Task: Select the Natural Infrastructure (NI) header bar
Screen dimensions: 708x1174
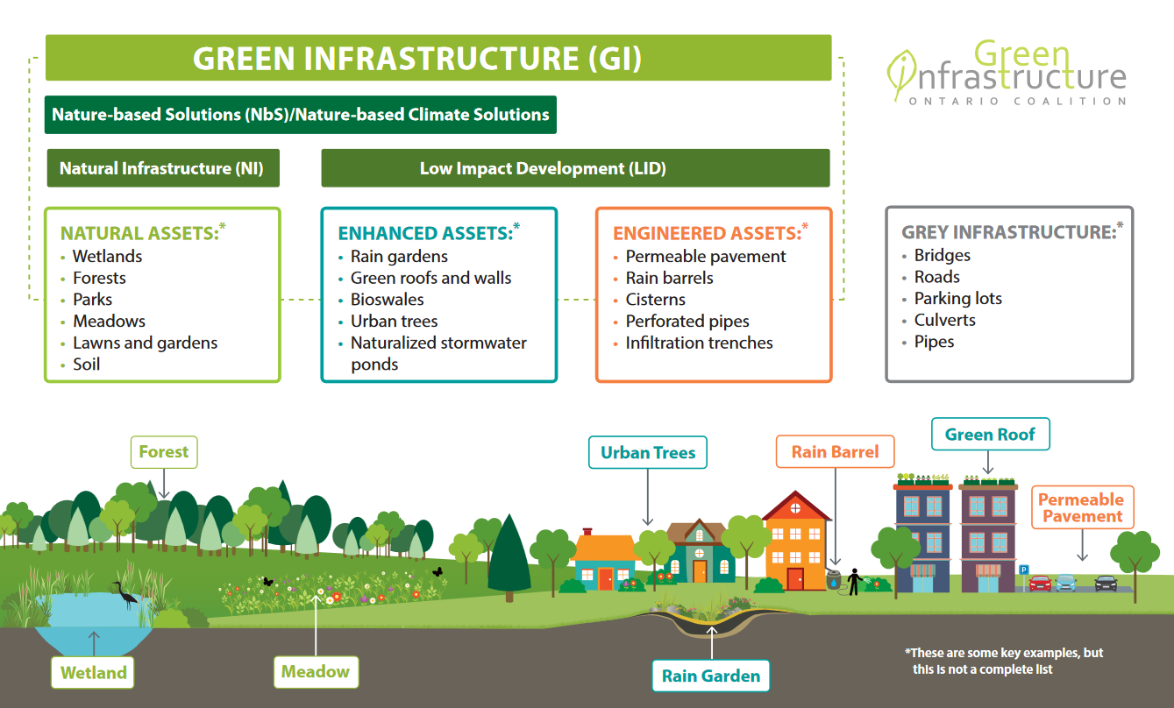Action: pos(162,168)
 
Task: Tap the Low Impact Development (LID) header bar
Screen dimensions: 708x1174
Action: pos(575,168)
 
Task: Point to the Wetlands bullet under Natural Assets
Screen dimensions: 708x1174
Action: pos(107,257)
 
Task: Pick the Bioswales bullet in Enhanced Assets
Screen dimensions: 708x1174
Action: pos(387,300)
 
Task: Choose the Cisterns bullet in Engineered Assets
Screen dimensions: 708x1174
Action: pos(655,300)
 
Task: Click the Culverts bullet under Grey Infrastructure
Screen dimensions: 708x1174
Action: pos(944,321)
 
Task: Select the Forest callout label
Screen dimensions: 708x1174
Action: pos(164,452)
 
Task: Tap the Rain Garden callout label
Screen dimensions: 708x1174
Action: pos(710,676)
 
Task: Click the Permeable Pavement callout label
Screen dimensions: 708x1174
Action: pos(1081,507)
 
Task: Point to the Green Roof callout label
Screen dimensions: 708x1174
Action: pos(989,435)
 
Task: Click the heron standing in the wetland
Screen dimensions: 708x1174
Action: pos(126,595)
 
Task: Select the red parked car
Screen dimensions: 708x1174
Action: pos(1040,583)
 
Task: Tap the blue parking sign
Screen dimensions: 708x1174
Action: pos(1023,570)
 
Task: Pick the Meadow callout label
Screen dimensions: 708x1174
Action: pos(315,672)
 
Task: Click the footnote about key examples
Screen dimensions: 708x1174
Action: pos(1003,662)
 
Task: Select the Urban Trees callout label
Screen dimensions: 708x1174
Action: pos(647,453)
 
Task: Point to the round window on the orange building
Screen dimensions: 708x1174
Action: pos(794,507)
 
